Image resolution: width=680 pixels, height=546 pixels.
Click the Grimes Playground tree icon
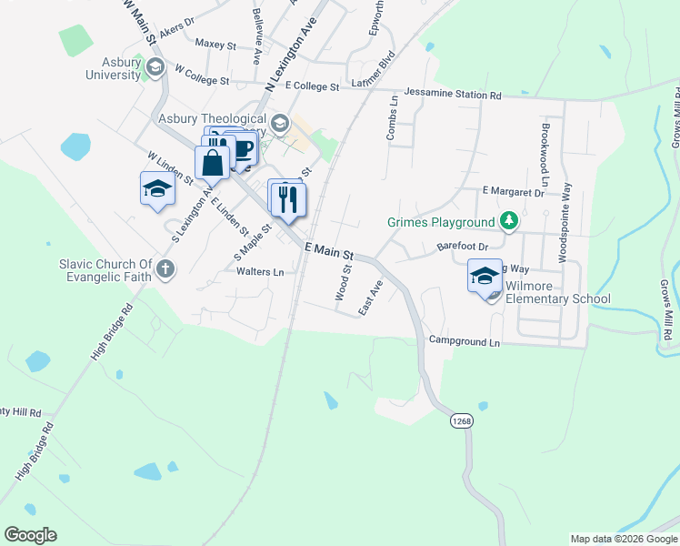tap(511, 221)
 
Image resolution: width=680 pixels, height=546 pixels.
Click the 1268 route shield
tap(461, 420)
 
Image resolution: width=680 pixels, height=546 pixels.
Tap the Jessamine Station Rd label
tap(453, 94)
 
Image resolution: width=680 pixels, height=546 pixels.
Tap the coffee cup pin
tap(243, 148)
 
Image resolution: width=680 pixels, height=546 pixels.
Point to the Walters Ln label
tap(260, 271)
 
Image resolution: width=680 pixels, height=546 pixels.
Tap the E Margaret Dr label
tap(513, 193)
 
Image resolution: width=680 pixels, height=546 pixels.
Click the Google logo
tap(30, 535)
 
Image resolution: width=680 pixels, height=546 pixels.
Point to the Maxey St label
tap(215, 44)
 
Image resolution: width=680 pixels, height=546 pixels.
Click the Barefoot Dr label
tap(463, 247)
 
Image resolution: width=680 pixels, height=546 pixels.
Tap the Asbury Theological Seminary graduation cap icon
tap(280, 123)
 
